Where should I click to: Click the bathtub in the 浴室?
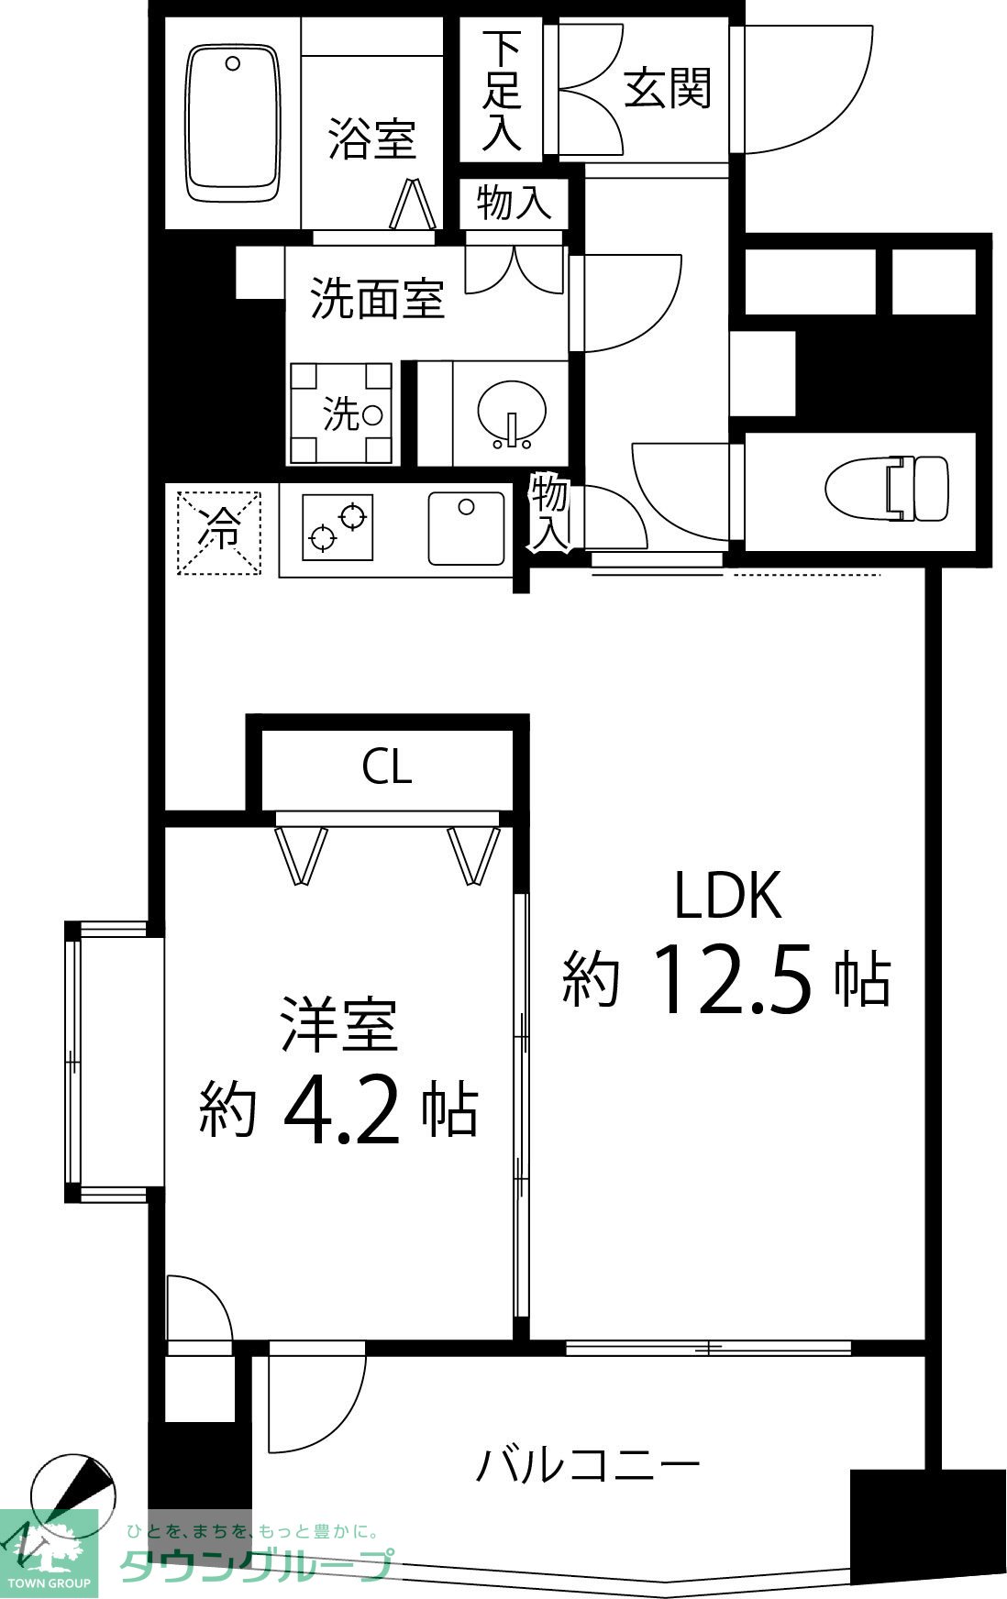233,123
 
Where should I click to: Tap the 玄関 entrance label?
667,90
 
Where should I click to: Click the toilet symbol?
887,488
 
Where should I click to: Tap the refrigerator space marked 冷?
219,533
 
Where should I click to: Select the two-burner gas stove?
338,527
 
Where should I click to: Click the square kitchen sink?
467,528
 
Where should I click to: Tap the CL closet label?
386,766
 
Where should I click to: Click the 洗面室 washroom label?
377,298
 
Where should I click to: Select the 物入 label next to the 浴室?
514,203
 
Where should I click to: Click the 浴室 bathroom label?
371,139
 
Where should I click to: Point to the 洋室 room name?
339,1024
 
